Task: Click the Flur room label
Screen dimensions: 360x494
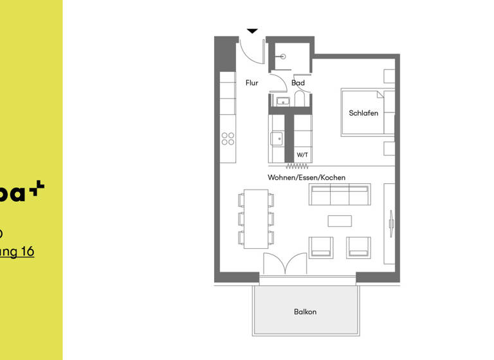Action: pyautogui.click(x=252, y=83)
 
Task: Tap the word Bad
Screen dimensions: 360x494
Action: pyautogui.click(x=298, y=83)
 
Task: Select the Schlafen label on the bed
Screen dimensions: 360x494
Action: pyautogui.click(x=363, y=113)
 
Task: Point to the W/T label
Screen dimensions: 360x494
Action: pyautogui.click(x=302, y=155)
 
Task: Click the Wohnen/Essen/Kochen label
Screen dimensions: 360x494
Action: pyautogui.click(x=307, y=177)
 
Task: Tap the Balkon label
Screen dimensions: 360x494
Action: pyautogui.click(x=305, y=312)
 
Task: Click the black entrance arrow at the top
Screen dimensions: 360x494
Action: pyautogui.click(x=253, y=30)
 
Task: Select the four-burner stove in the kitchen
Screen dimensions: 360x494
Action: pyautogui.click(x=228, y=139)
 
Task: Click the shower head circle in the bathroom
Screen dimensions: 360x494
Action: pyautogui.click(x=283, y=57)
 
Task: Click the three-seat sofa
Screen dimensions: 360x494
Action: pyautogui.click(x=339, y=194)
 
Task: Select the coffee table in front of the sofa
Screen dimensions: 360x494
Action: pyautogui.click(x=340, y=221)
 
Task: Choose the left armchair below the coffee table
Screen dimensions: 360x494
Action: pyautogui.click(x=321, y=248)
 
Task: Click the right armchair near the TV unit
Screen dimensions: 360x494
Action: pyautogui.click(x=358, y=248)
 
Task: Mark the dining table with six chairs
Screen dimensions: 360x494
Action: pyautogui.click(x=256, y=219)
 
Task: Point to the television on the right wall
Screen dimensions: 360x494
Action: pyautogui.click(x=392, y=222)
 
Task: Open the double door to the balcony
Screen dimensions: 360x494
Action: pyautogui.click(x=285, y=264)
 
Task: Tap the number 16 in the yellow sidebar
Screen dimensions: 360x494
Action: pyautogui.click(x=27, y=252)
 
